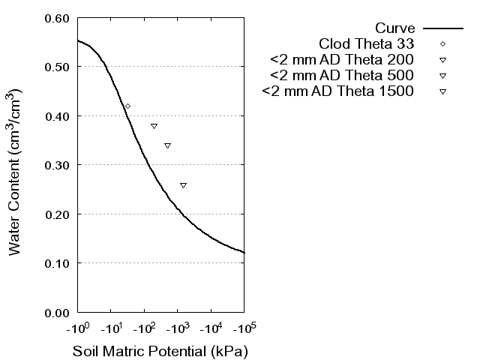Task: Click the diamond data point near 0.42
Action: point(127,106)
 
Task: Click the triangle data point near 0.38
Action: point(154,126)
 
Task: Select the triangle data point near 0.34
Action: point(167,145)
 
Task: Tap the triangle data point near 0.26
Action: point(183,184)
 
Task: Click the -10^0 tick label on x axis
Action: point(77,328)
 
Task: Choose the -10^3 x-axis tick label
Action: point(177,328)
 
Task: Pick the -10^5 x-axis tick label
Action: point(244,328)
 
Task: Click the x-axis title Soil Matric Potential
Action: point(160,351)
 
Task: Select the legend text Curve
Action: point(395,28)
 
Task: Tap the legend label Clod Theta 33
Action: point(367,44)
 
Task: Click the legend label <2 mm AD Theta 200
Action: point(343,60)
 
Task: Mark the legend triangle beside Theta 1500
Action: point(442,91)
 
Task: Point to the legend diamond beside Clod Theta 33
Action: point(442,44)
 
